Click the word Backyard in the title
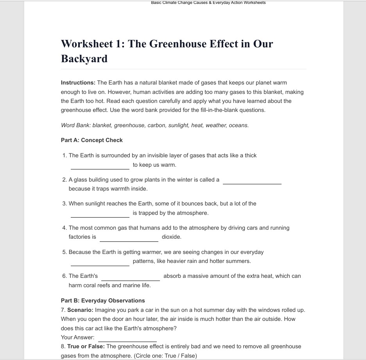pos(84,59)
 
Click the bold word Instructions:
pos(78,83)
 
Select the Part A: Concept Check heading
pos(92,140)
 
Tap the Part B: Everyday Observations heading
pos(103,301)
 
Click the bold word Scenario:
pos(80,310)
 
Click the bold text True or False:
pos(86,346)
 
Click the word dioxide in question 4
pos(171,237)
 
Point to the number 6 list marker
pos(64,276)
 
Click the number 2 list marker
pos(64,180)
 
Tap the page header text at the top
pos(208,3)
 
